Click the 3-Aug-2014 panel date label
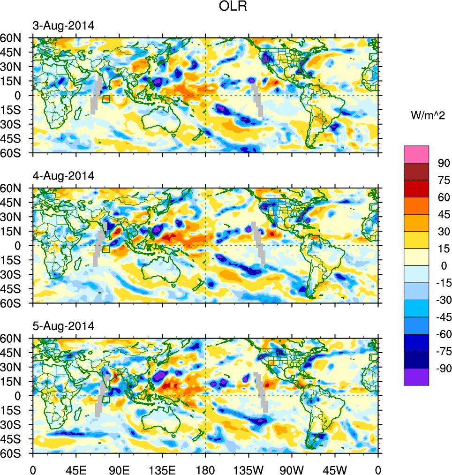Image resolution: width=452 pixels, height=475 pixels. [63, 26]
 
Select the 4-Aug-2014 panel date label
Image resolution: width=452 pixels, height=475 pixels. [63, 176]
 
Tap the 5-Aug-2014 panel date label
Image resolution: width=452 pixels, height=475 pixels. [63, 326]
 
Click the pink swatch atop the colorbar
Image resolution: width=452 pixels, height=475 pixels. [416, 154]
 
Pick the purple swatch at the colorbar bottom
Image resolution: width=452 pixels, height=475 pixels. [416, 377]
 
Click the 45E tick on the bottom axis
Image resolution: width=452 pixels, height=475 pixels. [76, 469]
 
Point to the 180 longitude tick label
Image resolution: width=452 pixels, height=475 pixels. [205, 469]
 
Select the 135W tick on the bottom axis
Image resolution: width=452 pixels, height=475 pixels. [249, 469]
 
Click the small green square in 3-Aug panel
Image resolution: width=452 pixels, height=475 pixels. [106, 99]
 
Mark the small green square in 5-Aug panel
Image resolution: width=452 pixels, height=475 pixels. [106, 400]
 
